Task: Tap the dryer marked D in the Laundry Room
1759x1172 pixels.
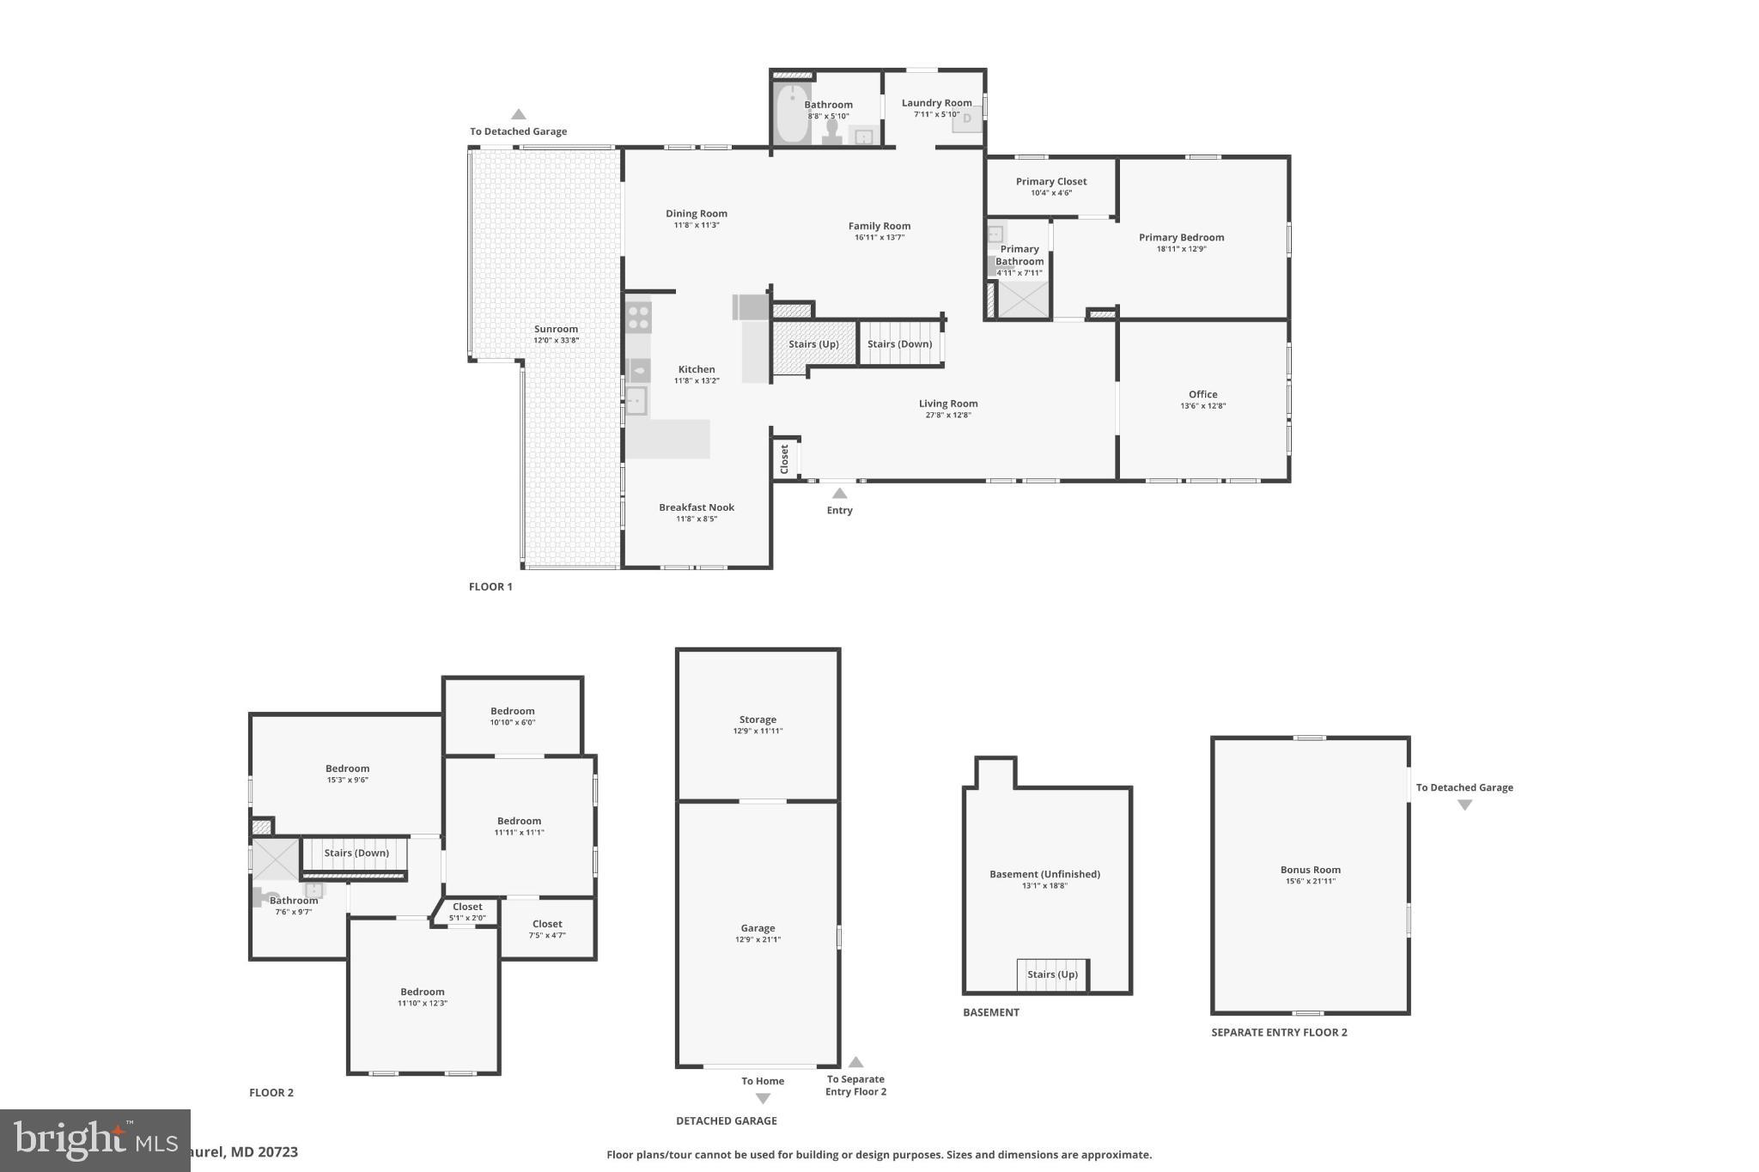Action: click(967, 119)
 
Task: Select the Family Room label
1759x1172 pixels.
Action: click(879, 227)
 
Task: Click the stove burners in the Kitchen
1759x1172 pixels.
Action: click(638, 315)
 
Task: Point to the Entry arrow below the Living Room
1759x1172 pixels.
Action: click(840, 494)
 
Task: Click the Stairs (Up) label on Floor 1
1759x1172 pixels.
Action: click(813, 344)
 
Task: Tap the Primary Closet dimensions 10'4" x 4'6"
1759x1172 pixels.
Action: click(1051, 193)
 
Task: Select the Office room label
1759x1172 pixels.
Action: click(1202, 395)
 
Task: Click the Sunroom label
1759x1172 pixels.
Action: click(556, 330)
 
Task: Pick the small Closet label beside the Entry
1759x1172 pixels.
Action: click(784, 458)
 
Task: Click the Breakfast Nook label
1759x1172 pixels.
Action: click(697, 507)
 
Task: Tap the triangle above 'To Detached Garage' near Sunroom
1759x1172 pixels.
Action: click(518, 114)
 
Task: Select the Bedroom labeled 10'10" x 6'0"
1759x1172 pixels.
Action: click(513, 712)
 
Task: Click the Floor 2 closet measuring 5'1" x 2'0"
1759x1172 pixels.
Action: click(467, 912)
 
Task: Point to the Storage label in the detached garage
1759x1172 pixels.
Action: click(758, 720)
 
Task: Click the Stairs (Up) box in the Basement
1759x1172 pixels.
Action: click(1052, 975)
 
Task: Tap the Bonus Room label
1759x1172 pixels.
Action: click(1310, 870)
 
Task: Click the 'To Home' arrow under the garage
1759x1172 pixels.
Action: click(763, 1098)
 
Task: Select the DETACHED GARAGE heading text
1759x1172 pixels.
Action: click(726, 1120)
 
